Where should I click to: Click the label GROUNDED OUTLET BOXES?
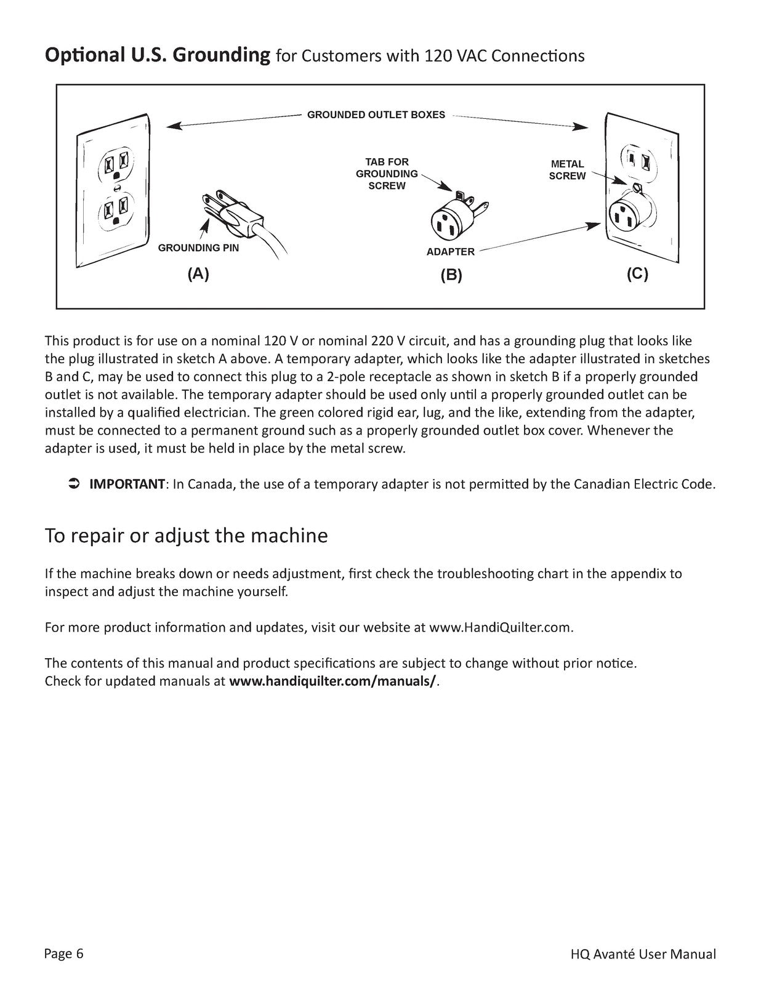(x=376, y=115)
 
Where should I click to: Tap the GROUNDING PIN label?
(x=198, y=248)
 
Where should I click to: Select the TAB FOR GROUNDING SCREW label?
(x=387, y=174)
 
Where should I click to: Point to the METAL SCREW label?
(x=567, y=170)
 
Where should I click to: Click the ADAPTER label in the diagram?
(x=450, y=252)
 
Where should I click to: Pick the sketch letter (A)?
(x=198, y=275)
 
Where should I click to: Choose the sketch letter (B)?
(x=451, y=275)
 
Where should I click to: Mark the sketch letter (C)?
(x=637, y=275)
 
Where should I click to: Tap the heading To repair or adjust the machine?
(x=186, y=536)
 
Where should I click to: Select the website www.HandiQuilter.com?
(x=500, y=628)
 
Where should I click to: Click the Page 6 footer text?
(x=63, y=954)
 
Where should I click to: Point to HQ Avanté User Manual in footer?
(x=643, y=954)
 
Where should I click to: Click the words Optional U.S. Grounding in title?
(x=158, y=55)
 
